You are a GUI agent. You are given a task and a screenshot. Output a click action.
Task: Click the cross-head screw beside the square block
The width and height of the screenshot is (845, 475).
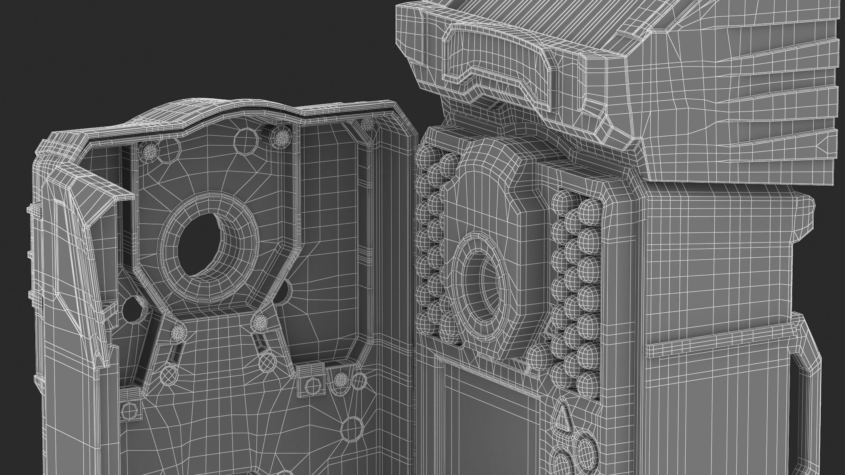click(x=340, y=381)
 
